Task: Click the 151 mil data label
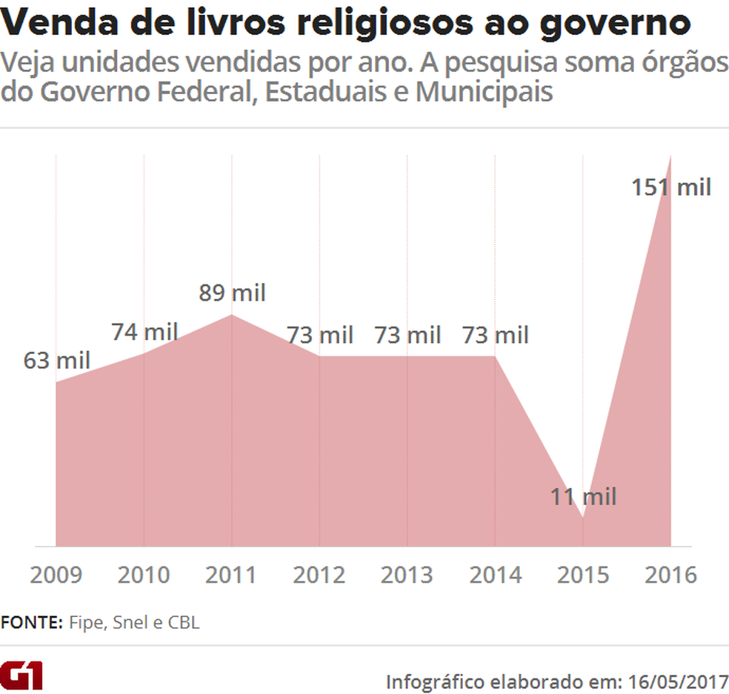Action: (670, 187)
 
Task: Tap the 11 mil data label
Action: (583, 496)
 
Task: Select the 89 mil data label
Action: (232, 293)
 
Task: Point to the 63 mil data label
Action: (56, 361)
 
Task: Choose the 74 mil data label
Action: (144, 332)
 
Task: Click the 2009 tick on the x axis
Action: (56, 575)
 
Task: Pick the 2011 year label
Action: (232, 575)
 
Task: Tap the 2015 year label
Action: (583, 575)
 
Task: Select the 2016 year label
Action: (670, 575)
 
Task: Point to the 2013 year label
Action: (407, 575)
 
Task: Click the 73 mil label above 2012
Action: (320, 335)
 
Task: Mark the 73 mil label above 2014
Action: (496, 335)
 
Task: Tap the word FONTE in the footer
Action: (32, 623)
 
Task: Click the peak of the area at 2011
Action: (232, 315)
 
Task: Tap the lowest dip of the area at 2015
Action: (583, 517)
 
